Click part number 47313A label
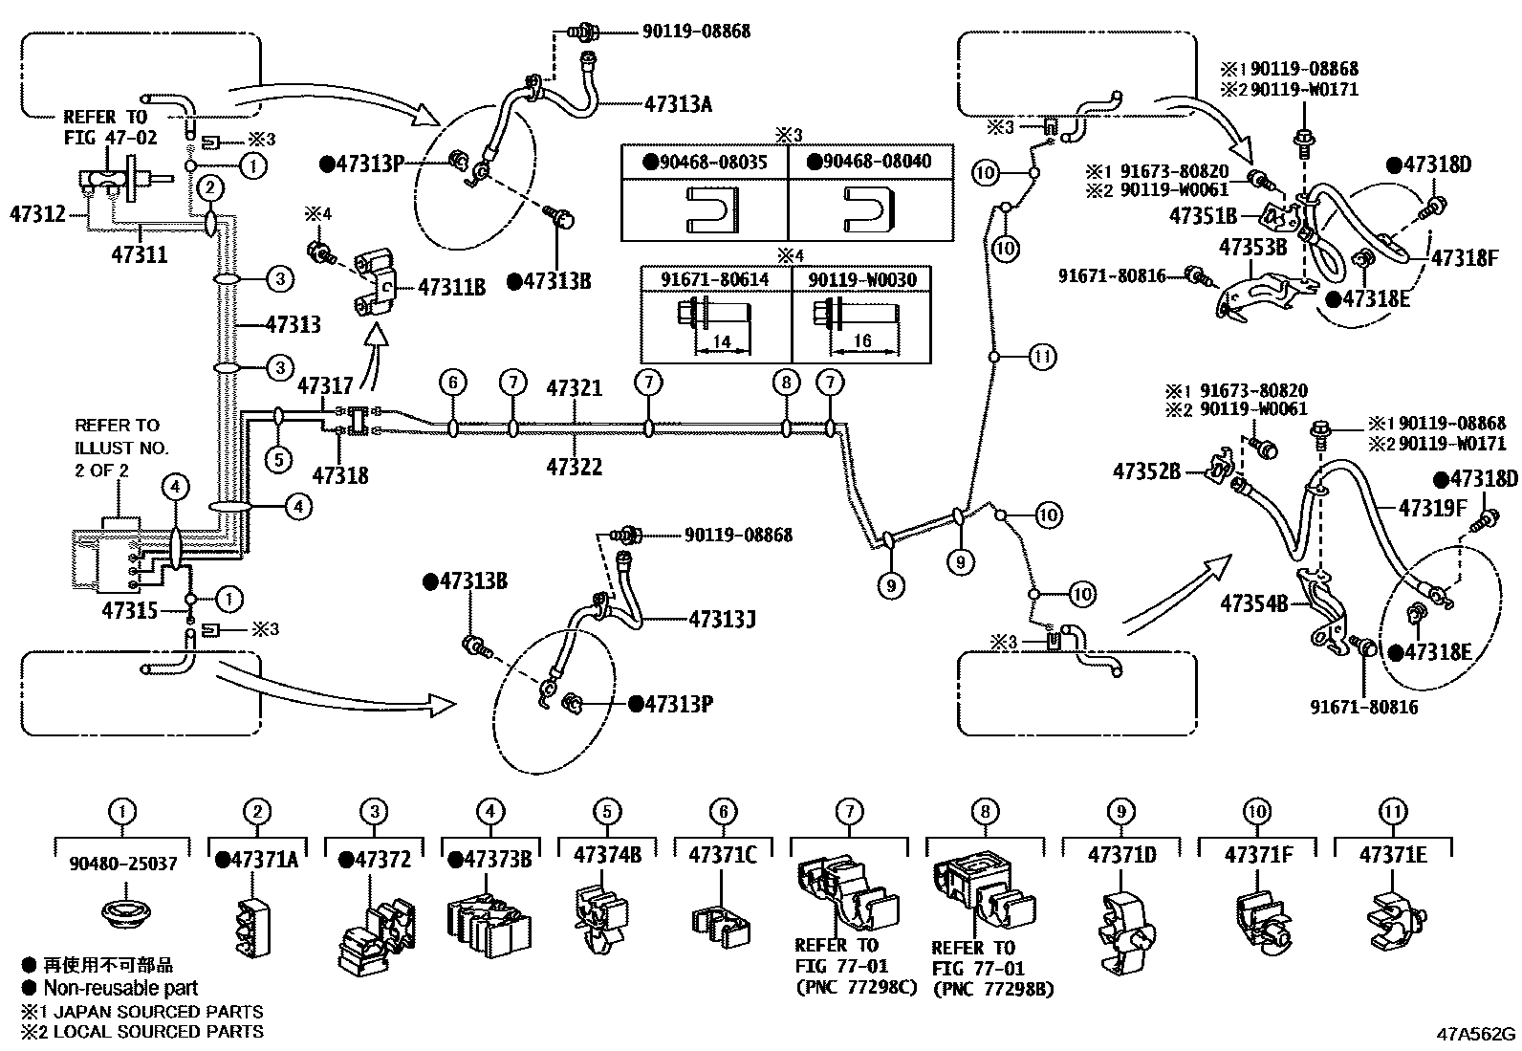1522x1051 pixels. click(678, 103)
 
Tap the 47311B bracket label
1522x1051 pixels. click(452, 286)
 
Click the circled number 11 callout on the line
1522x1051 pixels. click(1042, 358)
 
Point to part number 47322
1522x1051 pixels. click(574, 467)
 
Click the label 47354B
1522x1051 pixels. click(1253, 604)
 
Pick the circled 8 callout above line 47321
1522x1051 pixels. click(785, 383)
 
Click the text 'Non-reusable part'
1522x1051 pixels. click(120, 988)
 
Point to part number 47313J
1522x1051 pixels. click(722, 619)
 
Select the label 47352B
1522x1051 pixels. click(1146, 471)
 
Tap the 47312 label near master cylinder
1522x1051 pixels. click(37, 213)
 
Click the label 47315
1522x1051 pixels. click(129, 609)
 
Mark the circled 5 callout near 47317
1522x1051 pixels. click(278, 460)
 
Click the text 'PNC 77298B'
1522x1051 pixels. click(993, 989)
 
